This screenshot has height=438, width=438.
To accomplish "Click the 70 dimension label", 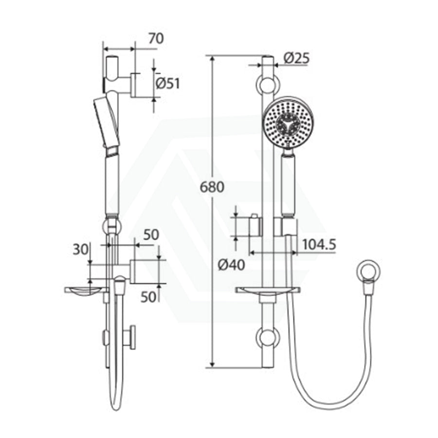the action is (156, 38).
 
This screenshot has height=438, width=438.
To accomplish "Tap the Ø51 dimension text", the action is (167, 83).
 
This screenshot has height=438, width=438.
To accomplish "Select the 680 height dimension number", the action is (212, 187).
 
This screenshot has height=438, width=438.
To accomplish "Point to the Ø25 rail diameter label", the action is (296, 58).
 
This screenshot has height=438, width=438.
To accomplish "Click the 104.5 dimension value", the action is (319, 245).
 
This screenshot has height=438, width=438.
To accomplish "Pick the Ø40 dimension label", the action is (231, 265).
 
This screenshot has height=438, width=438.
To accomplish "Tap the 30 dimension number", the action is (80, 250).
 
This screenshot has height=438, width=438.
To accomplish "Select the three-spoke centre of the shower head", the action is (288, 123).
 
